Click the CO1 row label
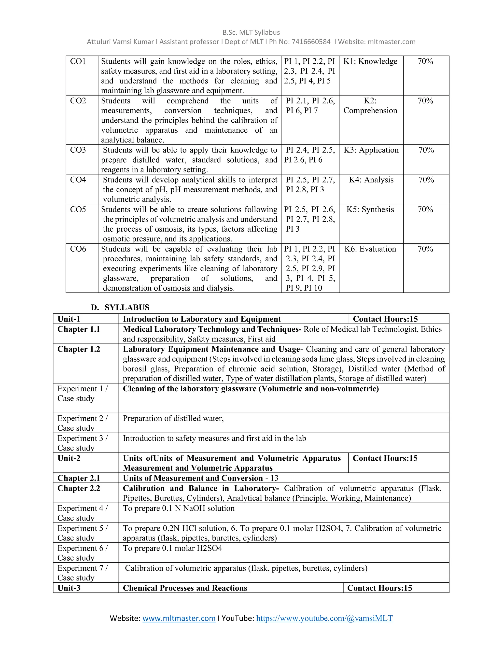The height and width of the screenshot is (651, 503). [78, 61]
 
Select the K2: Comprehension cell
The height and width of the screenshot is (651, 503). [370, 106]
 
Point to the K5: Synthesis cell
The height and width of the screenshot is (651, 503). [370, 210]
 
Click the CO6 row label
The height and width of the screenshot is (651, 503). [78, 249]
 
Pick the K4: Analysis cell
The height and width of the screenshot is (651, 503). [371, 180]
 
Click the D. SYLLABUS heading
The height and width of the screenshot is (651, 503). [120, 307]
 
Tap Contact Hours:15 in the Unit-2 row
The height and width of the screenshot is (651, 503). [385, 458]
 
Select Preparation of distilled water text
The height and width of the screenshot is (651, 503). [173, 419]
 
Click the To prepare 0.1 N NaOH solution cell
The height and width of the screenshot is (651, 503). [179, 508]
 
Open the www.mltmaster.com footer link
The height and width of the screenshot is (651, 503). [179, 618]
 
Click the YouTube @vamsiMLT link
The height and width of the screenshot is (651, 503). [324, 618]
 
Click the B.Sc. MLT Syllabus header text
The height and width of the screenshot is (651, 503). [251, 32]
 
